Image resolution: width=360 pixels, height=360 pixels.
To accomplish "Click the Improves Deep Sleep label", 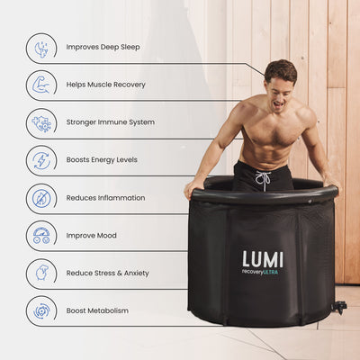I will tap(102, 47).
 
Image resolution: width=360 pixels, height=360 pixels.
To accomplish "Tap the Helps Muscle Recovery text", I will tap(105, 85).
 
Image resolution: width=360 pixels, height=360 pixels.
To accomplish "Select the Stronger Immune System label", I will tap(110, 122).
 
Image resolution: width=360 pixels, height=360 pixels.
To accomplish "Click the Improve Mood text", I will tap(91, 236).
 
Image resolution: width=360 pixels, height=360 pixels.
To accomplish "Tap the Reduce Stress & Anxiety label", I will tap(107, 274).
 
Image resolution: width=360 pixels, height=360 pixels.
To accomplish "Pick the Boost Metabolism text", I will tap(97, 311).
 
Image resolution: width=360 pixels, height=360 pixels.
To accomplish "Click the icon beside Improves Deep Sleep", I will tap(41, 47).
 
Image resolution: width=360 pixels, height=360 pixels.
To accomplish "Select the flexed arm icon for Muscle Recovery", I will tap(41, 85).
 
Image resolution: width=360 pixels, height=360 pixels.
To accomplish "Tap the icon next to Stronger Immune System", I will tap(41, 122).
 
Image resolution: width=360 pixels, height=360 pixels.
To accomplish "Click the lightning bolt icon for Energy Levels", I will tap(41, 160).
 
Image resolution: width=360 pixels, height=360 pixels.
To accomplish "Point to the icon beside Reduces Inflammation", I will tap(41, 198).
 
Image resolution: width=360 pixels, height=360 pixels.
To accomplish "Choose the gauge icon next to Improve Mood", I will tap(41, 236).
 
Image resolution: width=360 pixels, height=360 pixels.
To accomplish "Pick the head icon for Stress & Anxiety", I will tap(41, 274).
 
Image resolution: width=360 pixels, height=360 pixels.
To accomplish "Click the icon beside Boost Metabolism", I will tap(41, 311).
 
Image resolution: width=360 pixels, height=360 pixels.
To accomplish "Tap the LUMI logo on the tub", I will tap(262, 259).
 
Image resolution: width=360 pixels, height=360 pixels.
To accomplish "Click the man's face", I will tap(282, 84).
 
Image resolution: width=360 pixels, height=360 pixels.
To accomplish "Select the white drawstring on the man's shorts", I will tap(263, 179).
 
